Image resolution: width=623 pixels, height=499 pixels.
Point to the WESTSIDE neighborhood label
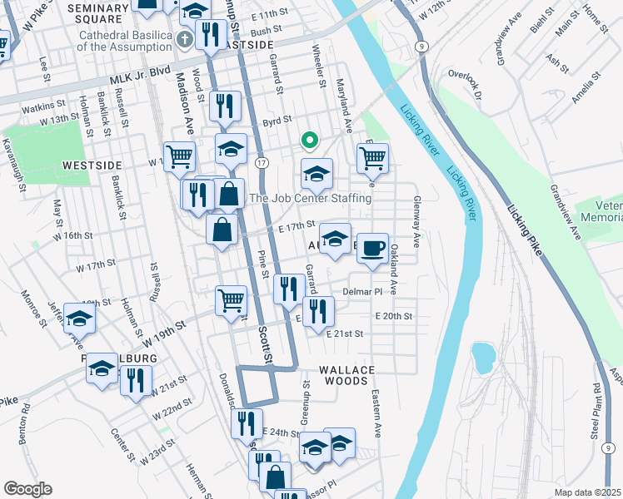tap(92, 166)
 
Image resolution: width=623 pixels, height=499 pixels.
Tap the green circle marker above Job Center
tap(309, 141)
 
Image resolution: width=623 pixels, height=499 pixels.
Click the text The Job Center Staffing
tap(310, 199)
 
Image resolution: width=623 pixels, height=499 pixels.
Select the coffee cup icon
tap(373, 246)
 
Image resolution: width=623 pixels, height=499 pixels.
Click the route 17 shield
tap(261, 162)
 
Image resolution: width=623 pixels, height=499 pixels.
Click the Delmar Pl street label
tap(361, 293)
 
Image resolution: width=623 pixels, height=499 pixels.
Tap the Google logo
tap(27, 489)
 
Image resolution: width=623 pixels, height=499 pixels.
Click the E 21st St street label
tap(345, 333)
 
